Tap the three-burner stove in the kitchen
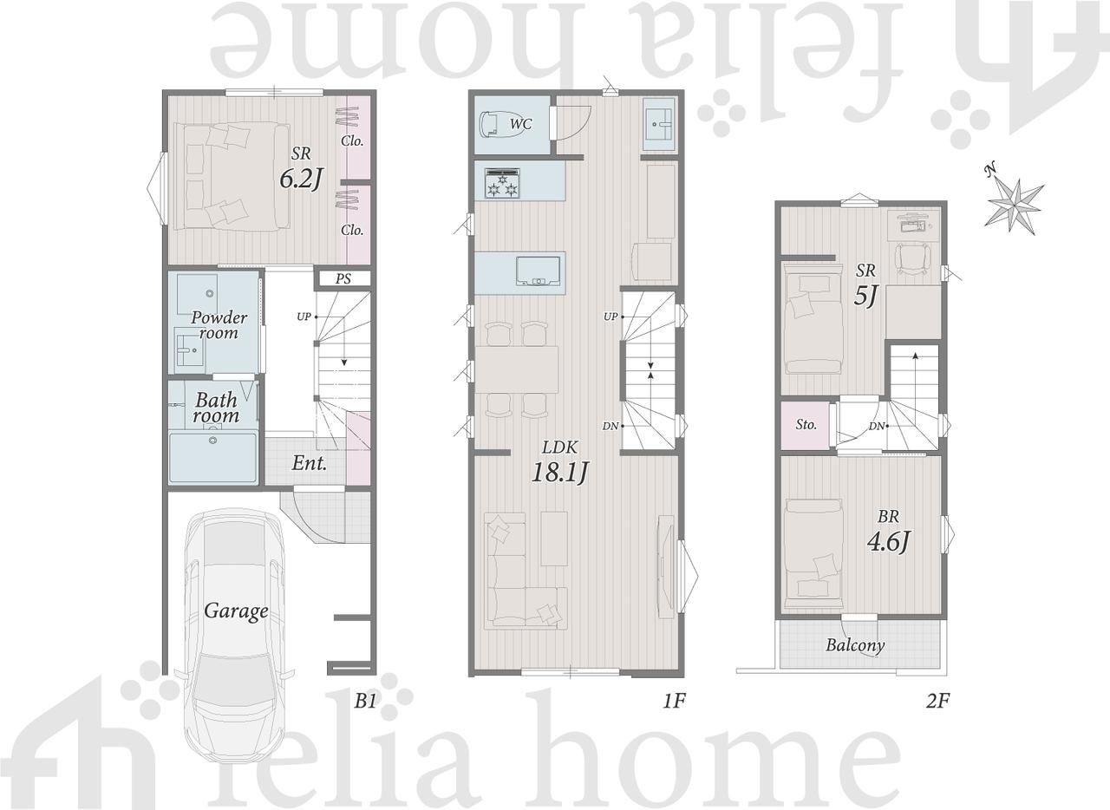pos(502,183)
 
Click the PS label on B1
pos(343,278)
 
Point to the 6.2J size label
pos(301,179)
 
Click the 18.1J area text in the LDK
pos(559,473)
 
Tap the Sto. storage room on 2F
pos(806,425)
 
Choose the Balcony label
pos(855,645)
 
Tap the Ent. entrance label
pos(310,463)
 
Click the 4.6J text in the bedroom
pos(889,541)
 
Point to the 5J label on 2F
pos(865,297)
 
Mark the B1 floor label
pos(365,701)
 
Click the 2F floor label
pos(938,701)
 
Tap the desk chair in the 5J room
pos(912,258)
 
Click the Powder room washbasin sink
pos(189,350)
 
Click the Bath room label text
pos(217,408)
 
